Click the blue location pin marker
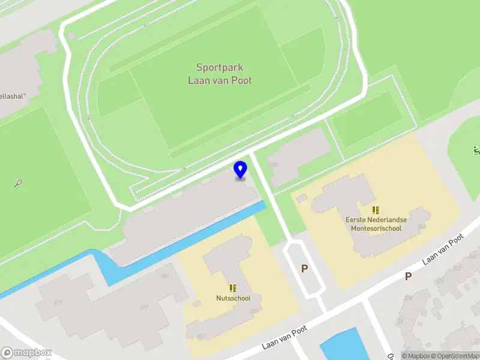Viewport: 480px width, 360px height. click(240, 169)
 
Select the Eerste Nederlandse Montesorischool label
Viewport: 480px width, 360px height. click(376, 224)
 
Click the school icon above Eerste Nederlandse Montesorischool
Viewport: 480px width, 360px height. click(376, 210)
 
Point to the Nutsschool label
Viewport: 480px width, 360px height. click(233, 298)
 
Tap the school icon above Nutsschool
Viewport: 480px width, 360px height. click(233, 288)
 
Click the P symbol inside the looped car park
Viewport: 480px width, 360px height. click(304, 269)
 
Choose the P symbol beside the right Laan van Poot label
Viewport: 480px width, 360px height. click(408, 276)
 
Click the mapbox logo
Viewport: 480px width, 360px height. click(26, 353)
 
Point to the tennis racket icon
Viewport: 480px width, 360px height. click(19, 182)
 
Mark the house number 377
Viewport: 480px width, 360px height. click(144, 307)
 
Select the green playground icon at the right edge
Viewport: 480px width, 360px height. click(476, 149)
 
